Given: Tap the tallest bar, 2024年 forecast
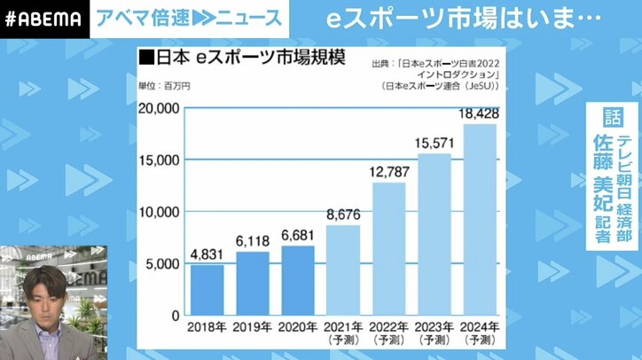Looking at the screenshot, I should (x=481, y=220).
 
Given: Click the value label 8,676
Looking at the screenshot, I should (x=344, y=214).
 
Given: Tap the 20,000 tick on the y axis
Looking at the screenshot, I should (x=160, y=108).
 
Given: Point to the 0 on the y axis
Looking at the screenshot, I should (x=176, y=315).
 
